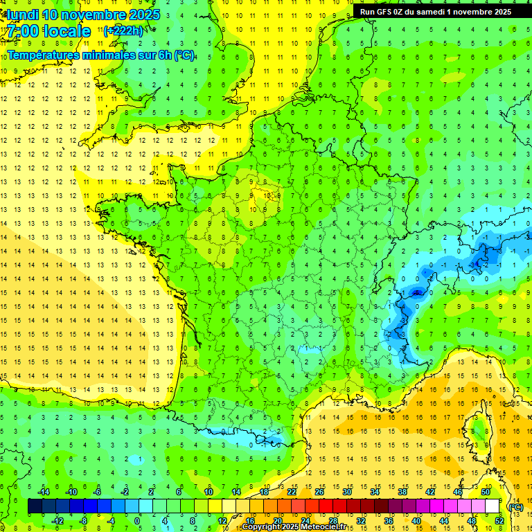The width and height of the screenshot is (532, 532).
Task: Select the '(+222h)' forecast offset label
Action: pyautogui.click(x=123, y=30)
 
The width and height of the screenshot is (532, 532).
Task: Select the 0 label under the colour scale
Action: pyautogui.click(x=137, y=520)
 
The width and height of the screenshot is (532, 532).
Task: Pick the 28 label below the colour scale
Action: pyautogui.click(x=332, y=520)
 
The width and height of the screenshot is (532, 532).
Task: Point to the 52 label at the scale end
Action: pyautogui.click(x=499, y=520)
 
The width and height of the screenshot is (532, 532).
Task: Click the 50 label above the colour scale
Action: pyautogui.click(x=485, y=491)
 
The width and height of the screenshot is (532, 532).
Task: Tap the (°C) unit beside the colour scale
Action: pyautogui.click(x=515, y=506)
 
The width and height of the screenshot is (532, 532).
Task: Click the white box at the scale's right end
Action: pyautogui.click(x=492, y=506)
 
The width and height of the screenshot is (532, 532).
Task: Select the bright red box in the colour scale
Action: pyautogui.click(x=326, y=506)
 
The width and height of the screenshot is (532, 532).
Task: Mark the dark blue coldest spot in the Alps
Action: pyautogui.click(x=416, y=292)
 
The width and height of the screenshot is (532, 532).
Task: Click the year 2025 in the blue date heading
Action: pyautogui.click(x=144, y=15)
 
